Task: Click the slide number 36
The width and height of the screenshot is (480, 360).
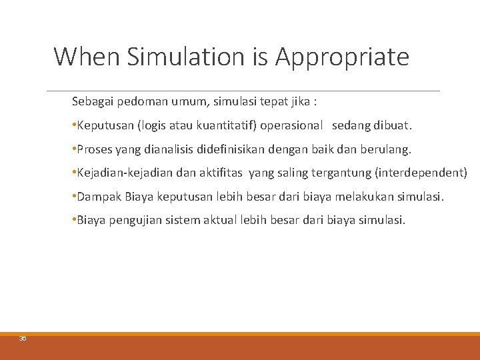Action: [23, 339]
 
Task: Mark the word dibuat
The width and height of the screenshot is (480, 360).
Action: [395, 125]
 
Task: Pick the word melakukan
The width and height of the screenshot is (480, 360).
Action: [369, 196]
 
